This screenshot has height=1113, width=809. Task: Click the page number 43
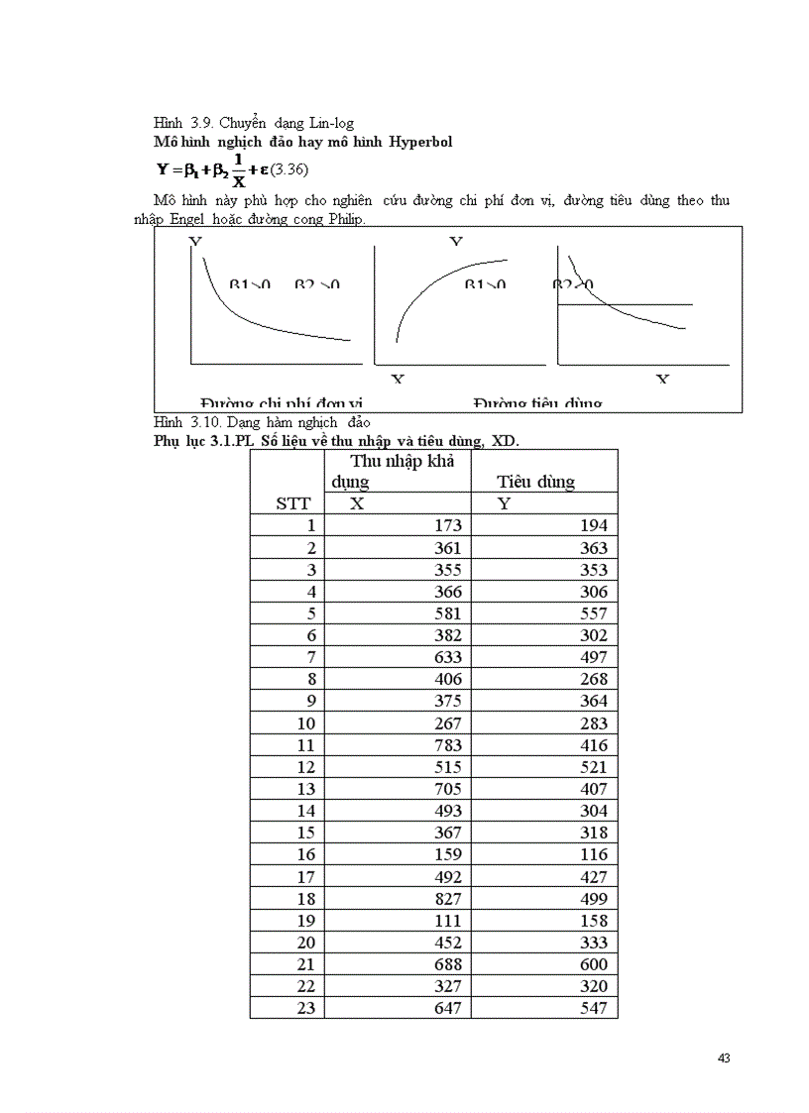click(723, 1058)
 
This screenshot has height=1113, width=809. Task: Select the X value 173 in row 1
click(448, 525)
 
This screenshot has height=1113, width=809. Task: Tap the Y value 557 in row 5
click(593, 613)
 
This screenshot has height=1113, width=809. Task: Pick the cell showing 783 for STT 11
click(448, 745)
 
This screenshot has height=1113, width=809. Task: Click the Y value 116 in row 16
click(593, 854)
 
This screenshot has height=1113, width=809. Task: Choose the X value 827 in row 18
click(448, 898)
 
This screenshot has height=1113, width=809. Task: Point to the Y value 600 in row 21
click(593, 964)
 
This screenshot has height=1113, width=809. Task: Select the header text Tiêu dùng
click(535, 482)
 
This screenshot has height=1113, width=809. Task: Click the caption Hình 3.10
click(181, 423)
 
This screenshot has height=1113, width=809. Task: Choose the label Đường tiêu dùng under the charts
click(537, 402)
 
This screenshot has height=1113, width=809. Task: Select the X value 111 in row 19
click(448, 920)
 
